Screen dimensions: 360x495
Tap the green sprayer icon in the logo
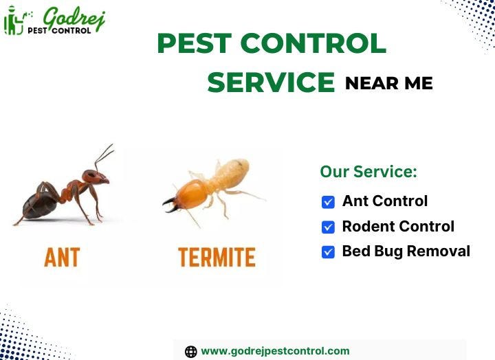(13, 22)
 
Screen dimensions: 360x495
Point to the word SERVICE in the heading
(271, 83)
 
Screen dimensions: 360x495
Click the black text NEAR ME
(388, 84)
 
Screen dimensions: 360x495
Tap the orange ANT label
(62, 258)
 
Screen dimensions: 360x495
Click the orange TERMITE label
(217, 258)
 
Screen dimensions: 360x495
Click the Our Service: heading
(368, 172)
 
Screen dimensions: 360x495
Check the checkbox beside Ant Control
(328, 202)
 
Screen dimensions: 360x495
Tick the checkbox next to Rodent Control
(328, 227)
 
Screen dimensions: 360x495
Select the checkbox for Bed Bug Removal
(328, 251)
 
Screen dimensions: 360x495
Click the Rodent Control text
(398, 226)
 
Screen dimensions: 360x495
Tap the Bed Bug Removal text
(406, 251)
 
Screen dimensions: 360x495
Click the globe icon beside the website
(191, 351)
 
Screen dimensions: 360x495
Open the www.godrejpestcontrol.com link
(275, 350)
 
